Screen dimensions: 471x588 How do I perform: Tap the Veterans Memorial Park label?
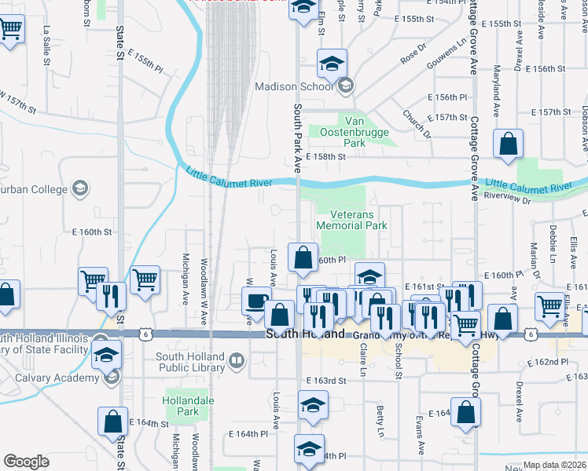352,219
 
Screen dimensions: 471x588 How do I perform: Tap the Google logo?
26,461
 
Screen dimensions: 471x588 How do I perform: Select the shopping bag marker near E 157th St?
509,144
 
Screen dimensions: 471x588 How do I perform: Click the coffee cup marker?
255,300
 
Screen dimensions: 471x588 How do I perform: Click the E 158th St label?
326,157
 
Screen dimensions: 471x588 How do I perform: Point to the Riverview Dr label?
509,199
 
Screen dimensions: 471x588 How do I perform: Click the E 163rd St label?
327,381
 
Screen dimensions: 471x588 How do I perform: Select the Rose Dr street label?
410,57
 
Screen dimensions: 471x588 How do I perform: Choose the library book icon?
236,361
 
